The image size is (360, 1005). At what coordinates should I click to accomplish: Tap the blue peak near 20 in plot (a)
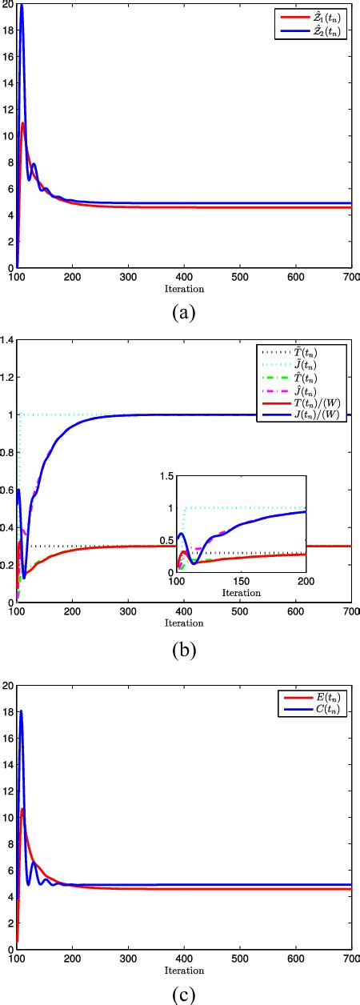click(22, 6)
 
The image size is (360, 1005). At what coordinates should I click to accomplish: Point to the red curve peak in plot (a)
click(24, 122)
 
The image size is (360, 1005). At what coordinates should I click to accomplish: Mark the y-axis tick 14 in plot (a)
click(7, 82)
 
